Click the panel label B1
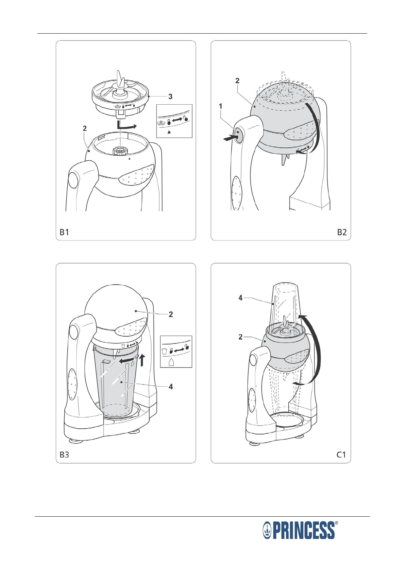[64, 232]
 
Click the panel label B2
[342, 232]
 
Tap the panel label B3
[64, 454]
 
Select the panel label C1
[341, 454]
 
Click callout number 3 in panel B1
[170, 96]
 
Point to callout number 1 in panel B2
[220, 106]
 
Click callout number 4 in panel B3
[171, 387]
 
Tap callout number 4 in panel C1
[240, 298]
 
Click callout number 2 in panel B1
[85, 128]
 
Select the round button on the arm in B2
[237, 135]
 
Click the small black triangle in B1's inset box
[169, 132]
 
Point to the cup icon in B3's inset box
[164, 351]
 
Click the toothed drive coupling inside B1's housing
[120, 151]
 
